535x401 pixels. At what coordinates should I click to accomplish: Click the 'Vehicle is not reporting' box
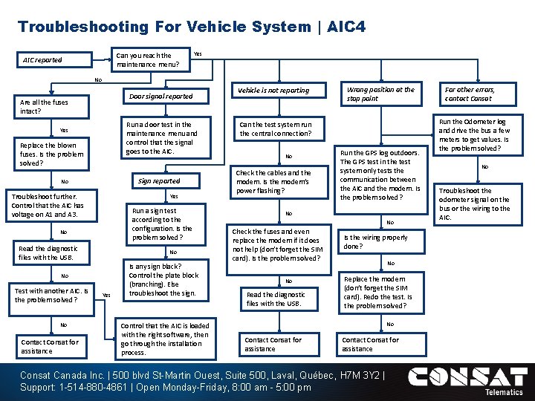click(273, 91)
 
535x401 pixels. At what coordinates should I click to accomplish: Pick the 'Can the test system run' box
click(276, 129)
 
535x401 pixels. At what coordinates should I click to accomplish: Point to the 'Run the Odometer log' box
click(476, 134)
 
